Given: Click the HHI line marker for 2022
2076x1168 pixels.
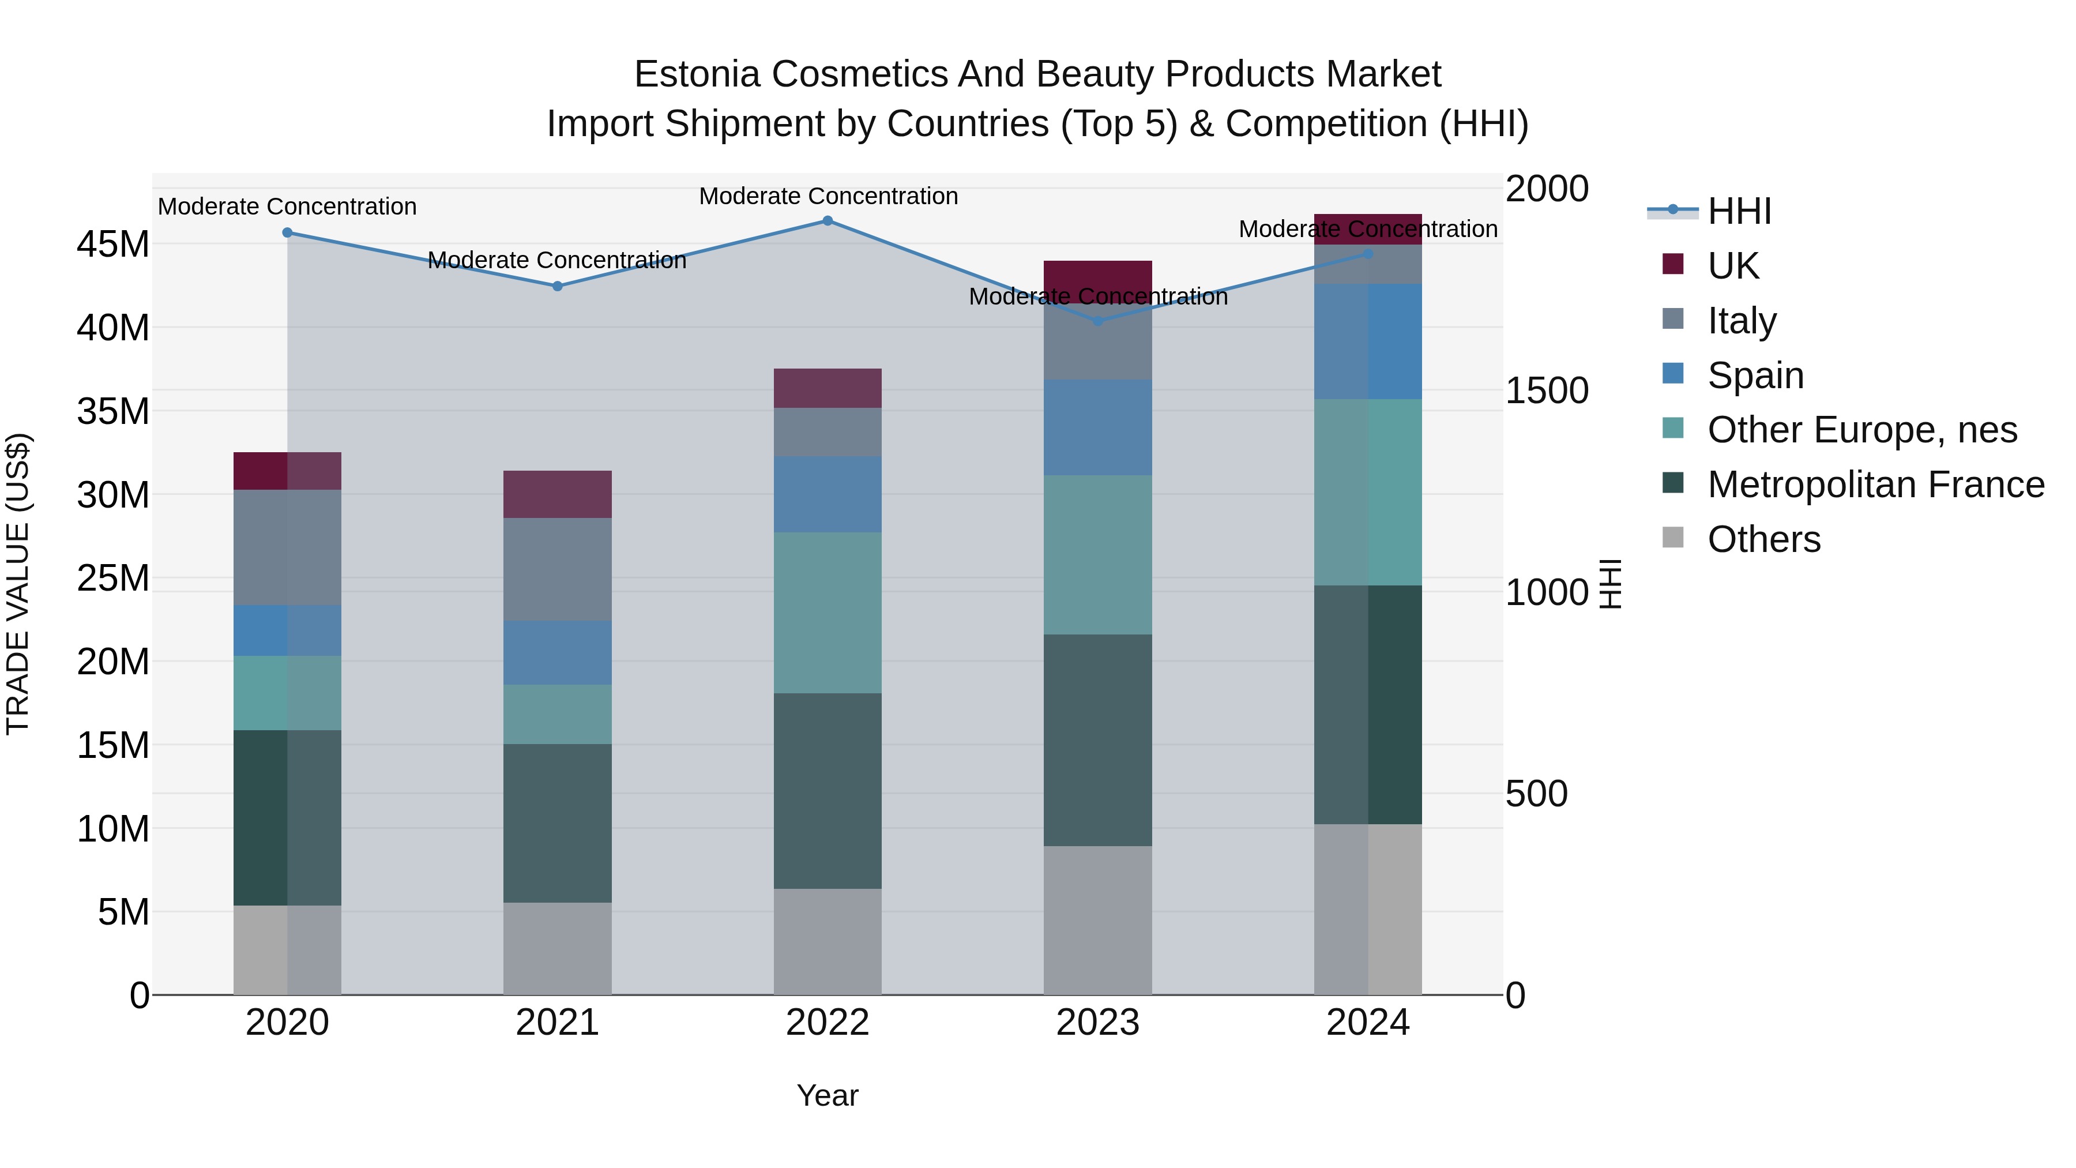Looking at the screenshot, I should tap(828, 221).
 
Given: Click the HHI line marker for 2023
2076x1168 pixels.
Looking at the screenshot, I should tap(1097, 321).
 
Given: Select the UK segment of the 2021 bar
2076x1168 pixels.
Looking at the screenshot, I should tap(558, 494).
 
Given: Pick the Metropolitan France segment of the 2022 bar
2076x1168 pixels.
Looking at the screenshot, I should tap(828, 791).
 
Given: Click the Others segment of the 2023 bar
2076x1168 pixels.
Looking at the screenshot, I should tap(1097, 920).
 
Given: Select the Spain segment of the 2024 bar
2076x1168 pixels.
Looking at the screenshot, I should tap(1368, 341).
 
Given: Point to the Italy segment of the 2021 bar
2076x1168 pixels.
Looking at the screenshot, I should tap(558, 569).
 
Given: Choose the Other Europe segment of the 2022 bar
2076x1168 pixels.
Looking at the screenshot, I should tap(828, 613).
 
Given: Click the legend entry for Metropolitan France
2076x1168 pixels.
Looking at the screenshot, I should tap(1875, 485).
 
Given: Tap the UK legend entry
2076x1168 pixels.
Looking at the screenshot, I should tap(1733, 265).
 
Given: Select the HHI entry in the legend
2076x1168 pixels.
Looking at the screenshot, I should tap(1739, 211).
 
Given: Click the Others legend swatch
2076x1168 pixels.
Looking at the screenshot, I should tap(1673, 538).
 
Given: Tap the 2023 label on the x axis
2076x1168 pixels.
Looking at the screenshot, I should tap(1097, 1023).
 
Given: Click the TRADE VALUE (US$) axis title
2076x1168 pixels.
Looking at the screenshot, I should tap(18, 584).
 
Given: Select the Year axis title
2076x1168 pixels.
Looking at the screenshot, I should tap(828, 1095).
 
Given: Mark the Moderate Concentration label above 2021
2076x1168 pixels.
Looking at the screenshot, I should tap(557, 260).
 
